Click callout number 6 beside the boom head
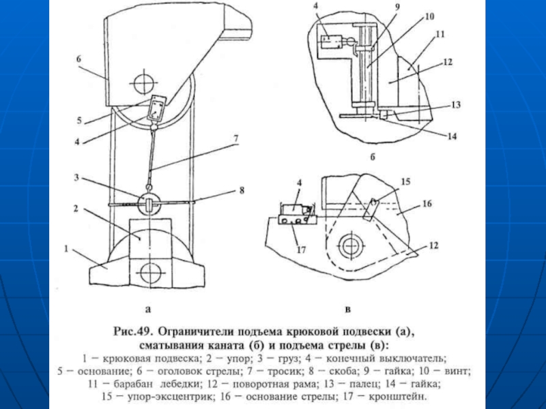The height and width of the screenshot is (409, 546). tap(78, 60)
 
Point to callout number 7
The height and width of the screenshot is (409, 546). tap(236, 138)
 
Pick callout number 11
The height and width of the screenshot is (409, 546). tap(441, 33)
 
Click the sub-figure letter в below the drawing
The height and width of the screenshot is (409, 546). tap(348, 309)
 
